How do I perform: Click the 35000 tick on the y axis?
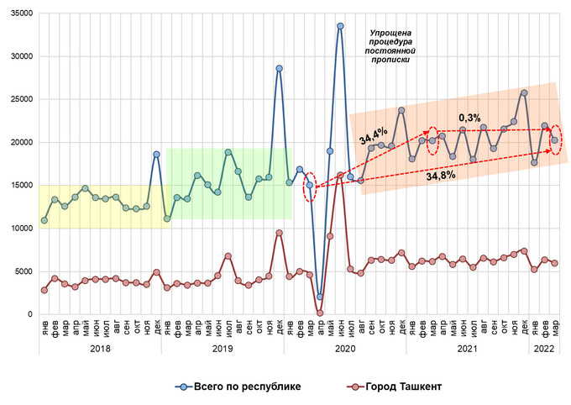pyautogui.click(x=18, y=13)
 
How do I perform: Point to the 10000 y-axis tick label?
pyautogui.click(x=18, y=229)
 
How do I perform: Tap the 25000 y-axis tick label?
pyautogui.click(x=18, y=99)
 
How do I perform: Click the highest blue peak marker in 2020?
pyautogui.click(x=340, y=26)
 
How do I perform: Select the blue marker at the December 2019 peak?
pyautogui.click(x=279, y=69)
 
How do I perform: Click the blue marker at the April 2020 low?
pyautogui.click(x=320, y=297)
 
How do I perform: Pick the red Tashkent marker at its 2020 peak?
pyautogui.click(x=340, y=176)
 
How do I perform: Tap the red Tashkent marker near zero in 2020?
pyautogui.click(x=320, y=313)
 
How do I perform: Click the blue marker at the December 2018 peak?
pyautogui.click(x=156, y=155)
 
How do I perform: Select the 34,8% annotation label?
pyautogui.click(x=441, y=176)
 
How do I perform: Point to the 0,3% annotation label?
pyautogui.click(x=469, y=118)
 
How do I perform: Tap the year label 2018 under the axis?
pyautogui.click(x=100, y=347)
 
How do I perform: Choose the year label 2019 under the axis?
pyautogui.click(x=223, y=347)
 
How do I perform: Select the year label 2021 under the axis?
pyautogui.click(x=467, y=347)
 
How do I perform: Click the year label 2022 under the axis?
pyautogui.click(x=543, y=347)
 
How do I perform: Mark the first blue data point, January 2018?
pyautogui.click(x=45, y=221)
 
